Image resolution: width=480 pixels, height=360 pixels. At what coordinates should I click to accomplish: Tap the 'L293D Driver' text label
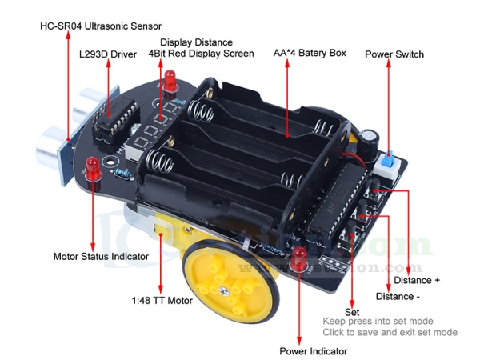[x=107, y=56]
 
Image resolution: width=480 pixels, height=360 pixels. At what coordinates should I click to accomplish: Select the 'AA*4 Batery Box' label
[x=310, y=53]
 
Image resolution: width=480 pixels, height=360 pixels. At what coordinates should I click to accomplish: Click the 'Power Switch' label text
[x=394, y=54]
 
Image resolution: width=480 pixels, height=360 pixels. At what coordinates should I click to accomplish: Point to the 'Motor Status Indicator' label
[x=101, y=257]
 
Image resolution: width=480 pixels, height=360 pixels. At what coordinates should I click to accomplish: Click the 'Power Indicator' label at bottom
[x=314, y=351]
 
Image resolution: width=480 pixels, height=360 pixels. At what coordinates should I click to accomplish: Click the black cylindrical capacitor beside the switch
[x=367, y=142]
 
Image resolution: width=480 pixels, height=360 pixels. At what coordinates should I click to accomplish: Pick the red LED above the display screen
[x=170, y=78]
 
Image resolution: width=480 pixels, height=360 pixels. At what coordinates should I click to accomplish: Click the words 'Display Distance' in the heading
[x=197, y=42]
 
